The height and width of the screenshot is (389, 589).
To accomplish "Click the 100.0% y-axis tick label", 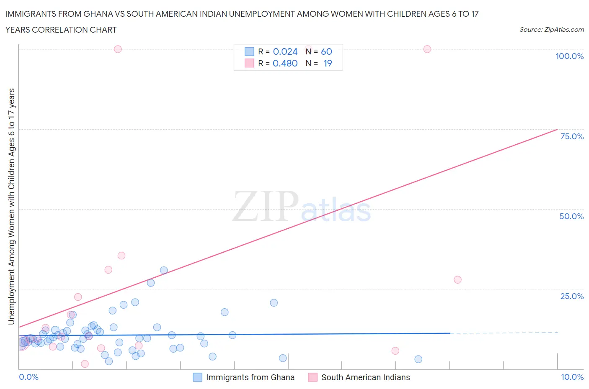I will [569, 56].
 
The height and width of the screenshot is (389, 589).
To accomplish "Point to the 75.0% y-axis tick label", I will [572, 136].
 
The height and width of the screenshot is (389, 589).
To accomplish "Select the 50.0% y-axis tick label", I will [571, 216].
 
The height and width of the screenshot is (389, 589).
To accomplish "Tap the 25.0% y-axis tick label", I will [572, 296].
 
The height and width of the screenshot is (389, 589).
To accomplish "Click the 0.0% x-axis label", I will [28, 377].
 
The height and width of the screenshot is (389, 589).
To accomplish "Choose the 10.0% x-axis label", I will [572, 377].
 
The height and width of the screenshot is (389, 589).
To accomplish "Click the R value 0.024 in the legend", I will [285, 51].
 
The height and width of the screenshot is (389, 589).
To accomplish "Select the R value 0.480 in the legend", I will [285, 63].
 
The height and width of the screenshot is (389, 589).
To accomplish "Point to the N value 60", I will [326, 51].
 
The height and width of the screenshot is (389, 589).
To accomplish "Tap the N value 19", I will [328, 63].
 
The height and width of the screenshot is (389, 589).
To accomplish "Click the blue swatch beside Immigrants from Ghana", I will [197, 377].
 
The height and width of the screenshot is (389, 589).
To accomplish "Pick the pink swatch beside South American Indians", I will [313, 377].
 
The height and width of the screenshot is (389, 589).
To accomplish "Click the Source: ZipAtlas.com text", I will [551, 30].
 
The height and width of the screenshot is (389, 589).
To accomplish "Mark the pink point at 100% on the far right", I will [427, 49].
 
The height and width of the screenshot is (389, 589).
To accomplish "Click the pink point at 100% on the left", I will [118, 49].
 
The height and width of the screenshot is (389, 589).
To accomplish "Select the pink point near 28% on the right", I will [457, 280].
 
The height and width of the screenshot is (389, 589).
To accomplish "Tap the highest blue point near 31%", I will [164, 270].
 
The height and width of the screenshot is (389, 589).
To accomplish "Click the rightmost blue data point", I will [418, 359].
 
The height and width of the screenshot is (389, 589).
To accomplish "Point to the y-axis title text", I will [12, 207].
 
